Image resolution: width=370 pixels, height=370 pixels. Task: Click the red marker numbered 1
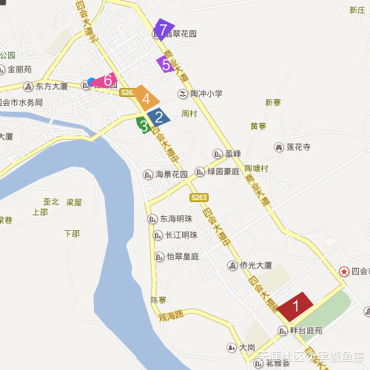click(296, 304)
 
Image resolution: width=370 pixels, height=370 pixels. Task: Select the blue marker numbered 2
click(158, 116)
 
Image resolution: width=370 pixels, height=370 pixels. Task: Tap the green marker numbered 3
click(143, 124)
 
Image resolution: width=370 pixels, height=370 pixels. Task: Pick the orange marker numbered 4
click(147, 98)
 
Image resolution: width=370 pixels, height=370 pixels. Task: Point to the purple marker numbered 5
click(165, 64)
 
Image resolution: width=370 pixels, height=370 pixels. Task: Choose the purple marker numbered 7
click(163, 30)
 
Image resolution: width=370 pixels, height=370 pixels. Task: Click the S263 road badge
click(198, 198)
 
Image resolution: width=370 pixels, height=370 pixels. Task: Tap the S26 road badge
click(127, 92)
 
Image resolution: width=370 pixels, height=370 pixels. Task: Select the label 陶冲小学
click(206, 93)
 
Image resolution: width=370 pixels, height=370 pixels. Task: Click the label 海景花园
click(171, 175)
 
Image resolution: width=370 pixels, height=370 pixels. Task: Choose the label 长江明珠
click(181, 235)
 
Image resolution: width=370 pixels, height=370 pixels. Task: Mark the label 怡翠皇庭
click(182, 256)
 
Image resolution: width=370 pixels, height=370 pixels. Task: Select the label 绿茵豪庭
click(221, 172)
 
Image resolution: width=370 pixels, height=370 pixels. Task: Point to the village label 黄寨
click(258, 127)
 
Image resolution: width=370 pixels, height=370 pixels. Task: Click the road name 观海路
click(170, 314)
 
